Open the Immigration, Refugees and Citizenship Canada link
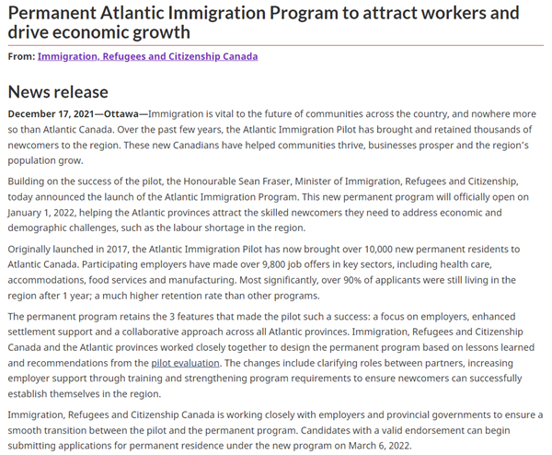pos(147,56)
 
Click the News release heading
pos(58,91)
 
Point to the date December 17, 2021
pos(52,113)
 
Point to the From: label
pos(21,56)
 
